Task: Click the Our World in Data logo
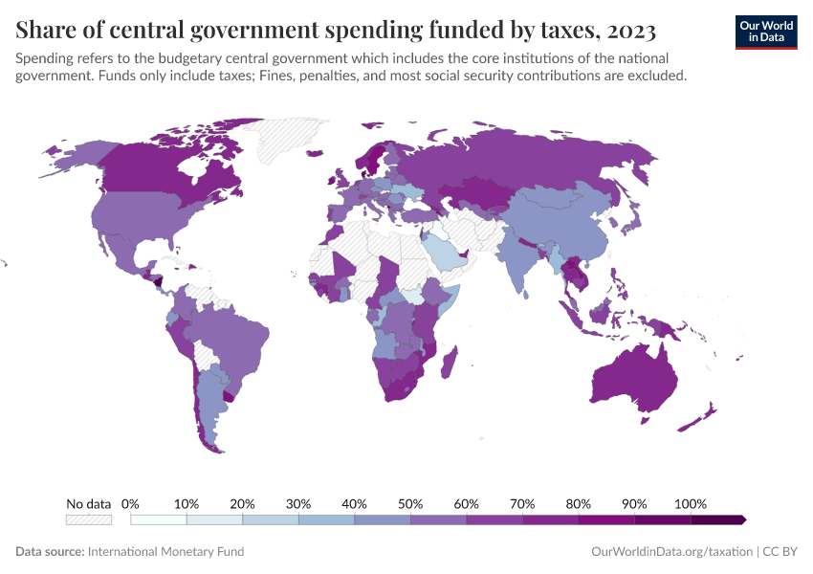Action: (x=765, y=31)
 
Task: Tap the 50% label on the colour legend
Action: (x=410, y=503)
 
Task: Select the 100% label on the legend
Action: (x=690, y=503)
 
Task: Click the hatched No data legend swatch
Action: (x=88, y=519)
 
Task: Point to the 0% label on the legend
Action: (x=131, y=503)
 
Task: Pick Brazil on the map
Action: (x=230, y=335)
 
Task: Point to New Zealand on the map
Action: (x=704, y=414)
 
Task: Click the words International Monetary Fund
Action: (x=165, y=552)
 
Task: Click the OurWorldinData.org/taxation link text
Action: (x=672, y=552)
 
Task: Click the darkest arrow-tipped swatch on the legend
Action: (x=717, y=519)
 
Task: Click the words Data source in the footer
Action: (x=49, y=552)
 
